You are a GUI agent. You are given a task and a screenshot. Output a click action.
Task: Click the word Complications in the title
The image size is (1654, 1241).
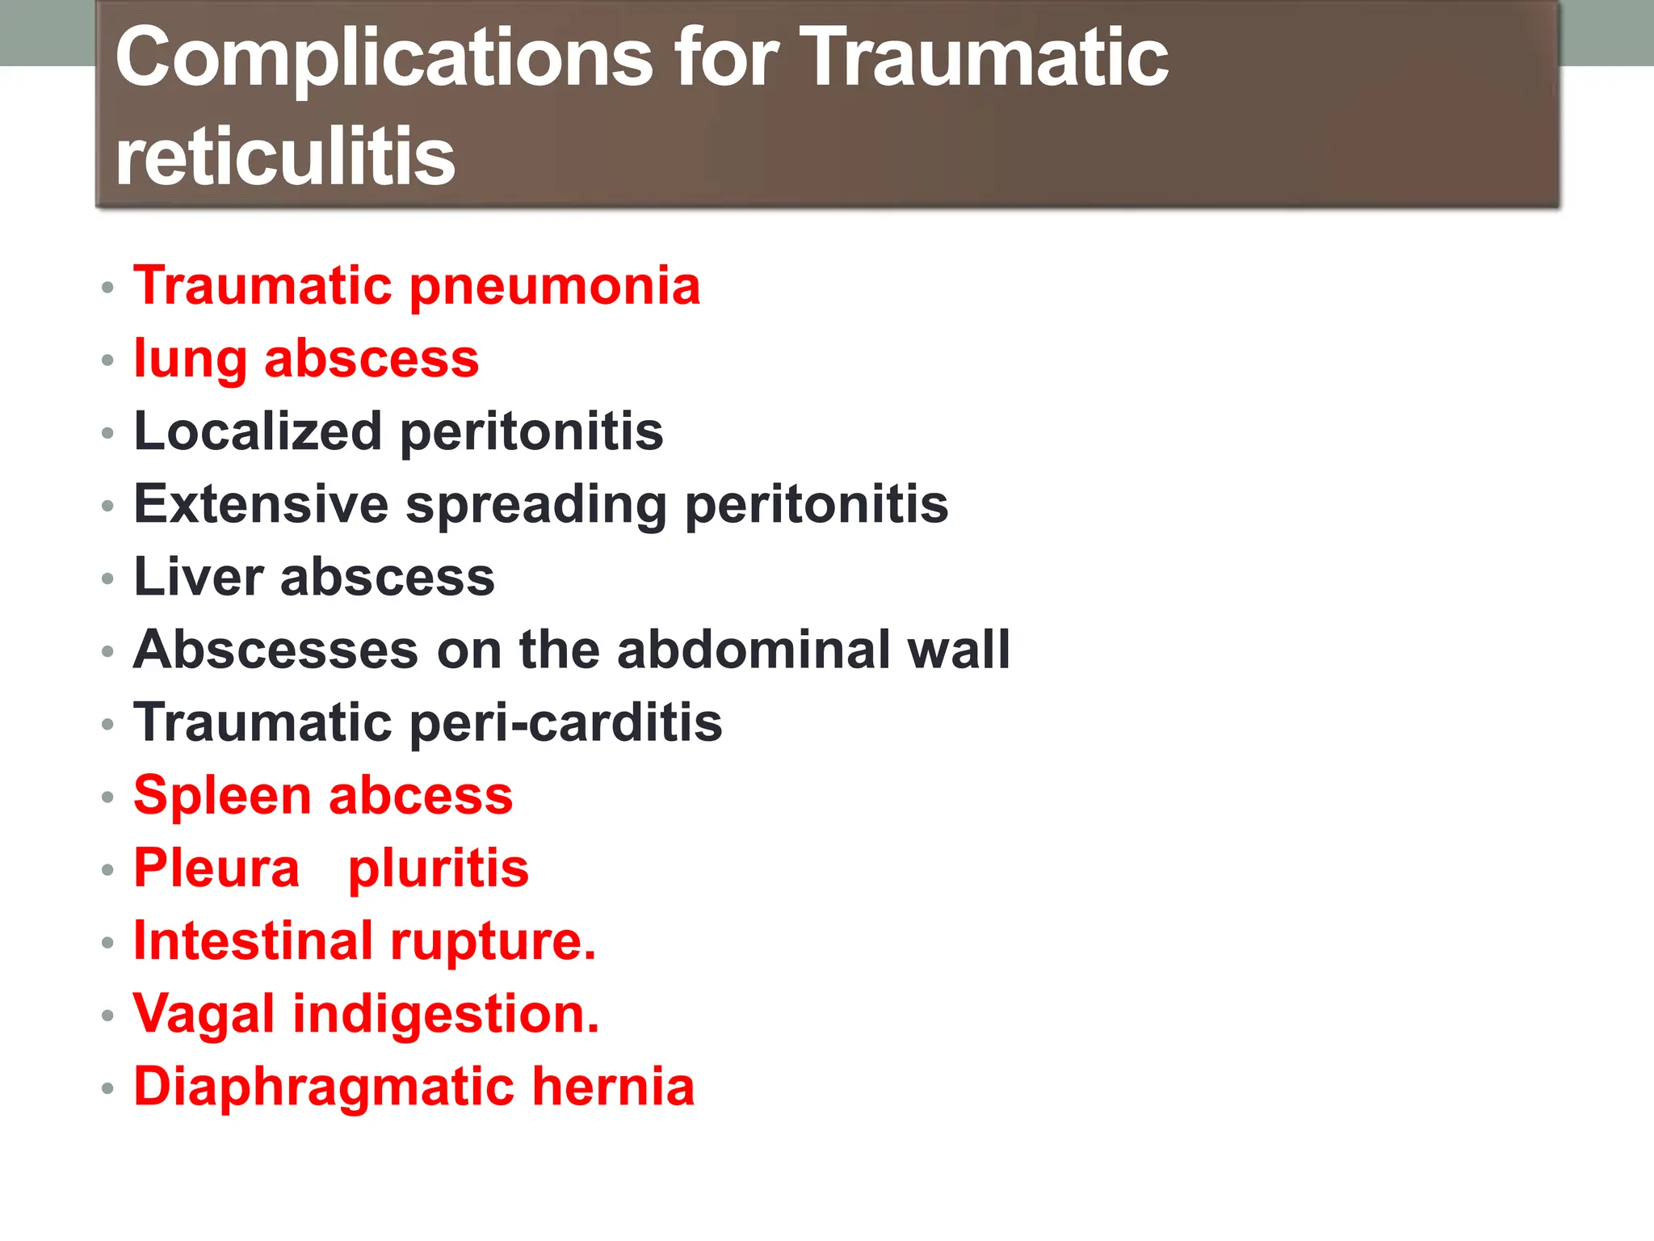coord(384,58)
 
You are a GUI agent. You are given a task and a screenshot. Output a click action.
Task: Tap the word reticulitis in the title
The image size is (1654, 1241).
coord(285,156)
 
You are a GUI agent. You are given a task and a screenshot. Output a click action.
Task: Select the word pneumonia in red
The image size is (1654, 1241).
coord(555,288)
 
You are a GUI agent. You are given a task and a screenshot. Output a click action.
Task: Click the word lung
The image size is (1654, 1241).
coord(190,360)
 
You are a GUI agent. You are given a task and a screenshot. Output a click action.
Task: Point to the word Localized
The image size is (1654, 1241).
coord(258,431)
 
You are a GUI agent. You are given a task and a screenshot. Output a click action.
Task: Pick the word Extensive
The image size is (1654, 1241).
coord(261,504)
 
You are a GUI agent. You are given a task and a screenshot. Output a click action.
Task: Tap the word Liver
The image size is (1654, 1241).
coord(199,577)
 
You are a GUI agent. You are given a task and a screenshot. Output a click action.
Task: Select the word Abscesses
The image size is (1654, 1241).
coord(275,650)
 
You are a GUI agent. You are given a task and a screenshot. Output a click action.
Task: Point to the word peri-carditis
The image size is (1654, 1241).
coord(566,724)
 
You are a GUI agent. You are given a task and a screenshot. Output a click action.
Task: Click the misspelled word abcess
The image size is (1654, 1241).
coord(421,796)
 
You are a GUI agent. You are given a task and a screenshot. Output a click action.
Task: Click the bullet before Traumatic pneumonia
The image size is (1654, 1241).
coord(108,288)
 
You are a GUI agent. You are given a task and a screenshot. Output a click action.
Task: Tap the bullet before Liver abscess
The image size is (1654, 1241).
coord(108,578)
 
